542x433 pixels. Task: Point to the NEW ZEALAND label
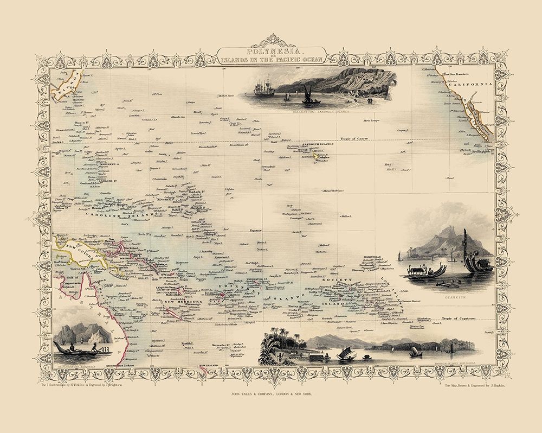pyautogui.click(x=210, y=367)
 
